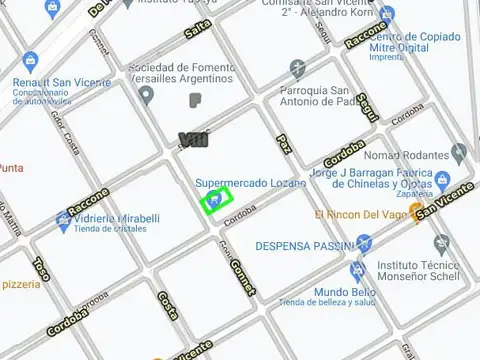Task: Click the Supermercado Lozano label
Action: [x=250, y=183]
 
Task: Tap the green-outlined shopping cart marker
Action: [x=215, y=202]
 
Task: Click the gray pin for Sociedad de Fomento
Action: [x=147, y=96]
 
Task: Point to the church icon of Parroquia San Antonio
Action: [x=297, y=68]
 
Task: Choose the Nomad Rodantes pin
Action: [x=459, y=154]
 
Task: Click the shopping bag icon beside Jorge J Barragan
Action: [x=440, y=180]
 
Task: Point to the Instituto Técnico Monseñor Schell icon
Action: [x=441, y=243]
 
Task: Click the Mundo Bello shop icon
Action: [x=357, y=270]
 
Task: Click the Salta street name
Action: [x=198, y=30]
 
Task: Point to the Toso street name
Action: [x=41, y=268]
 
